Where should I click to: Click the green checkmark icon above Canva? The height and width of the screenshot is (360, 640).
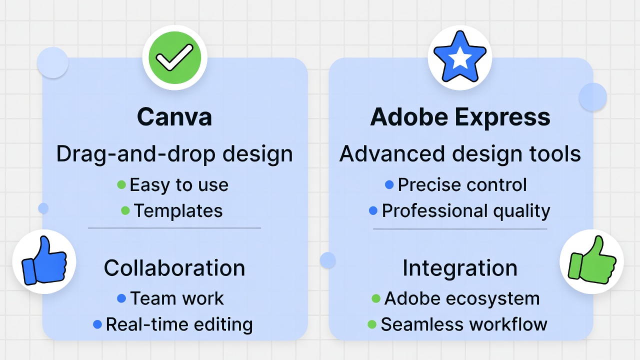click(x=174, y=58)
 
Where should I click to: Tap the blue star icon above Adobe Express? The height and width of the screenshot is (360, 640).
click(x=459, y=58)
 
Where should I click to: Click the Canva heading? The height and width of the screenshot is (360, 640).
click(x=174, y=117)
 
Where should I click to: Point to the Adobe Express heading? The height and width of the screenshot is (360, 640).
click(x=460, y=117)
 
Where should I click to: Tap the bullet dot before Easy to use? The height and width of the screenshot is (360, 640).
click(x=121, y=185)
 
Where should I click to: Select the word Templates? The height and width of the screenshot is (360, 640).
click(x=178, y=210)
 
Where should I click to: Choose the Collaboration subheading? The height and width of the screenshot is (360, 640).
click(x=174, y=268)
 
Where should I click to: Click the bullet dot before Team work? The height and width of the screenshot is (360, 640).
click(x=121, y=298)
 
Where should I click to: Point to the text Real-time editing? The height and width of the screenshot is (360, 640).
click(x=179, y=324)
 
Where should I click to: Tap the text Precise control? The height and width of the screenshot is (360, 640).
click(x=462, y=185)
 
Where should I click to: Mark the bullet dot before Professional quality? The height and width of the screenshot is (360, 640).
click(x=373, y=211)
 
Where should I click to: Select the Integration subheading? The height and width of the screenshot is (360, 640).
click(x=460, y=268)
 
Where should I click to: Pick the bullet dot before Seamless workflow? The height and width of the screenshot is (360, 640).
click(x=371, y=324)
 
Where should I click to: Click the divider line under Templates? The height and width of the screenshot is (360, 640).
click(x=174, y=228)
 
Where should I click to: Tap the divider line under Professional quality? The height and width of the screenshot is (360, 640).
click(x=460, y=229)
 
